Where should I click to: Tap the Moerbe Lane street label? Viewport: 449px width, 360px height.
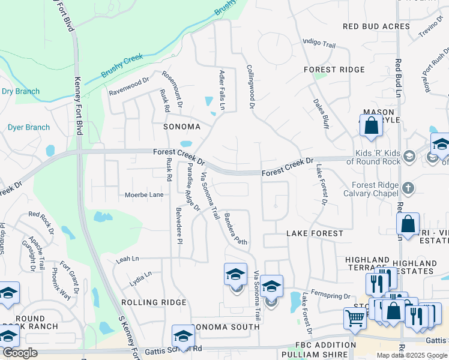144,195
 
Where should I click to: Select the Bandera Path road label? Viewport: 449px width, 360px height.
235,229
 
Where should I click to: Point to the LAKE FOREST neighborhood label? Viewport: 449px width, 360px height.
315,233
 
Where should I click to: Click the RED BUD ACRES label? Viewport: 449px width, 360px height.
376,26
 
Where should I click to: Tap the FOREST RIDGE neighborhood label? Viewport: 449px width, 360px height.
334,70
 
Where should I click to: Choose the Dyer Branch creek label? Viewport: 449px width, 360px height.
28,127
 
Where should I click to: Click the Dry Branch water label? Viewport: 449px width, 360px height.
20,92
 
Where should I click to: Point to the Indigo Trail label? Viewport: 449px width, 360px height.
319,43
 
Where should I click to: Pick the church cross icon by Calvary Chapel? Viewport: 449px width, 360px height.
408,188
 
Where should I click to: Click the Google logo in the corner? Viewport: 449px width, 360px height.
20,353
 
